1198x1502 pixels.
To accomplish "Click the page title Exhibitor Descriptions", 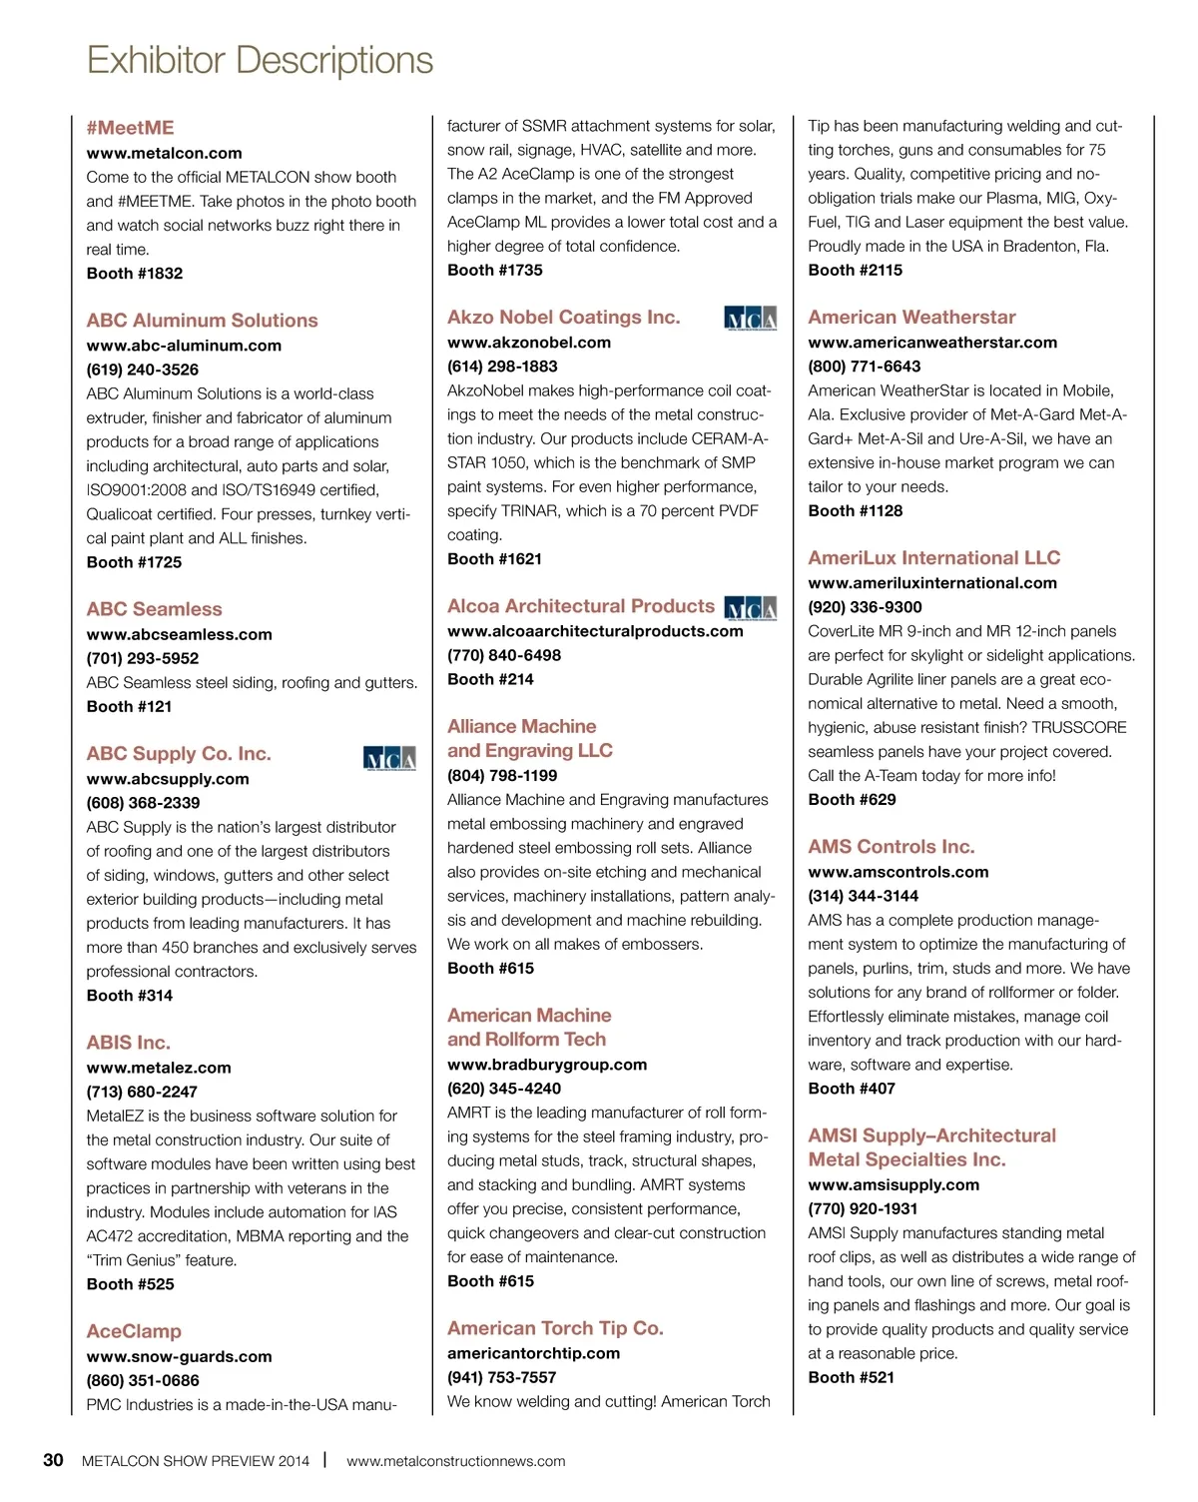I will tap(260, 60).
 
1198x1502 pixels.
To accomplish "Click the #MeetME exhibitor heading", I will tap(130, 128).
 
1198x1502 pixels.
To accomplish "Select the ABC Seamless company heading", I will tap(154, 609).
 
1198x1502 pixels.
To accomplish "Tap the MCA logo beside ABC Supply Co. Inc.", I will tap(389, 758).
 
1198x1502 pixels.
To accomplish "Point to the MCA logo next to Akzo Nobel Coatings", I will tap(750, 319).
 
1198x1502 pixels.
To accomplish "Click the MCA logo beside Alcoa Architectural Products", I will tap(750, 608).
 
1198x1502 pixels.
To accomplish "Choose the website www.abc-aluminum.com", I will tap(184, 346).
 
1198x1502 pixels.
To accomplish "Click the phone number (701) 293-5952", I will tap(142, 658).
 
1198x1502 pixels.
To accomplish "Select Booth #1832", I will tap(134, 274).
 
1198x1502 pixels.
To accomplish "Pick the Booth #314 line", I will tap(129, 996).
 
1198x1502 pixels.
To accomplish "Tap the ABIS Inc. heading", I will tap(128, 1043).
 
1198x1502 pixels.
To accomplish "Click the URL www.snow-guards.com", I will tap(179, 1356).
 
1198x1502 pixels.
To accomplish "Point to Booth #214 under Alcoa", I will tap(490, 679).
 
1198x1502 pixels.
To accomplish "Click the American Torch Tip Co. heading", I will tap(555, 1328).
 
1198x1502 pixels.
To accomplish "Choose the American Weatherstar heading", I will tap(911, 318).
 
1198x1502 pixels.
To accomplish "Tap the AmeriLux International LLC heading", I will tap(933, 558).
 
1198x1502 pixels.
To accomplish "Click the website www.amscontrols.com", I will tap(898, 872).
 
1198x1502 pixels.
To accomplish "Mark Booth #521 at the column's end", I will tap(851, 1377).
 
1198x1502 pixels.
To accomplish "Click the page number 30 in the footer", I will tap(53, 1460).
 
